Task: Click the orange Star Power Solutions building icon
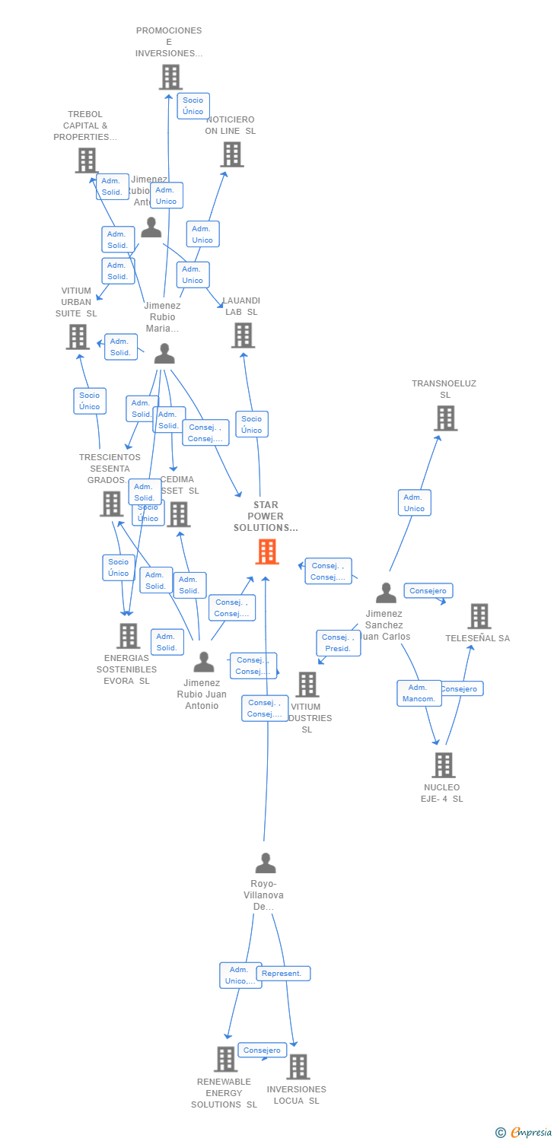tap(267, 551)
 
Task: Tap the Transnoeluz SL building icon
tap(445, 418)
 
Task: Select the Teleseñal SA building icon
tap(479, 616)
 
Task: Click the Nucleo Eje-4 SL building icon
tap(443, 765)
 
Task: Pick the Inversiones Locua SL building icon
tap(298, 1067)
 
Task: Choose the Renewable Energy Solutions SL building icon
tap(225, 1059)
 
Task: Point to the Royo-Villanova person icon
tap(265, 863)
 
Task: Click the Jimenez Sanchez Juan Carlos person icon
tap(386, 593)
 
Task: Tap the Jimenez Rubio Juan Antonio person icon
tap(203, 662)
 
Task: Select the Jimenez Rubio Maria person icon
tap(164, 354)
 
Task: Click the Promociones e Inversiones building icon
tap(170, 77)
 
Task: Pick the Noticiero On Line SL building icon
tap(231, 154)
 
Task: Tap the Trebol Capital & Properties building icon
tap(86, 161)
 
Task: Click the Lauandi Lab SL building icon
tap(243, 335)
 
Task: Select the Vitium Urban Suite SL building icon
tap(78, 337)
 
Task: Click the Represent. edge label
tap(282, 973)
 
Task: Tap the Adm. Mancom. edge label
tap(419, 693)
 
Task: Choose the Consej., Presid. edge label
tap(338, 643)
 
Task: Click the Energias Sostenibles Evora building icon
tap(128, 636)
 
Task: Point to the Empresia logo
tap(526, 1133)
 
